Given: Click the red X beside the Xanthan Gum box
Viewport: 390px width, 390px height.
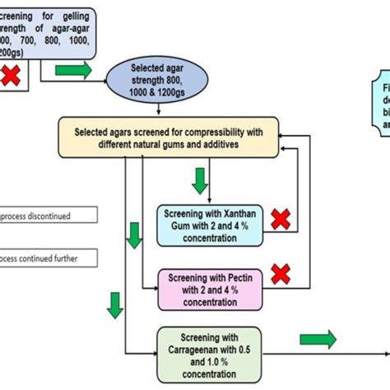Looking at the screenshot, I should click(x=281, y=220).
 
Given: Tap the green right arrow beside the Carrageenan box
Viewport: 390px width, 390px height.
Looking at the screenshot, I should click(x=318, y=338).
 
